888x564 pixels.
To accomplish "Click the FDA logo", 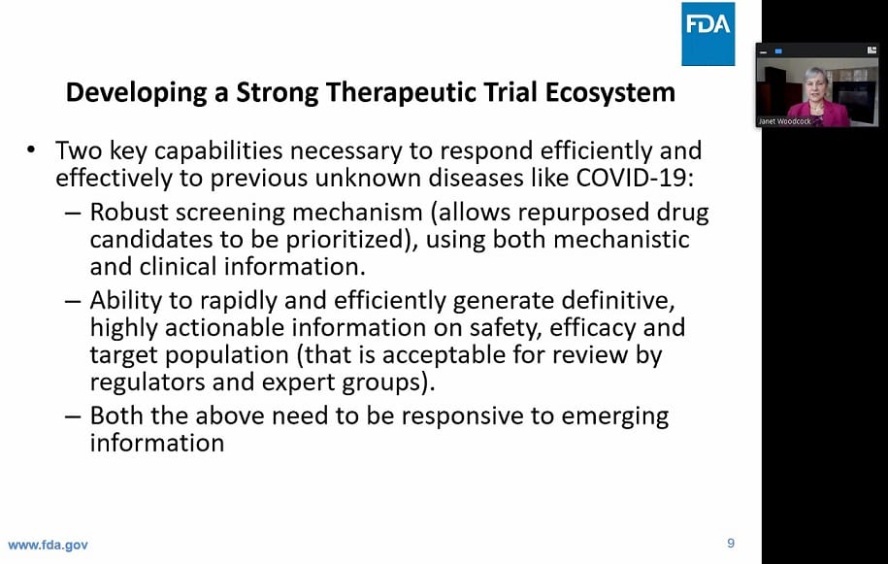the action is click(707, 34).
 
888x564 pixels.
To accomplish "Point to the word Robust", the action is click(129, 213).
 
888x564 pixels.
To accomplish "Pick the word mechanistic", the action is click(621, 239).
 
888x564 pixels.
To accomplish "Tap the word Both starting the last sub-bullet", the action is click(116, 415).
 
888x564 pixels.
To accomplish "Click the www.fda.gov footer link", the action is click(49, 546).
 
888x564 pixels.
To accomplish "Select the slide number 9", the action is click(731, 544).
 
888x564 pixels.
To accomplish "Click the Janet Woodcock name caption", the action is click(784, 121).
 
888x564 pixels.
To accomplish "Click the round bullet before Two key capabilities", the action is click(31, 150).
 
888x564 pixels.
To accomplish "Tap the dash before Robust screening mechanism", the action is click(73, 214).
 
